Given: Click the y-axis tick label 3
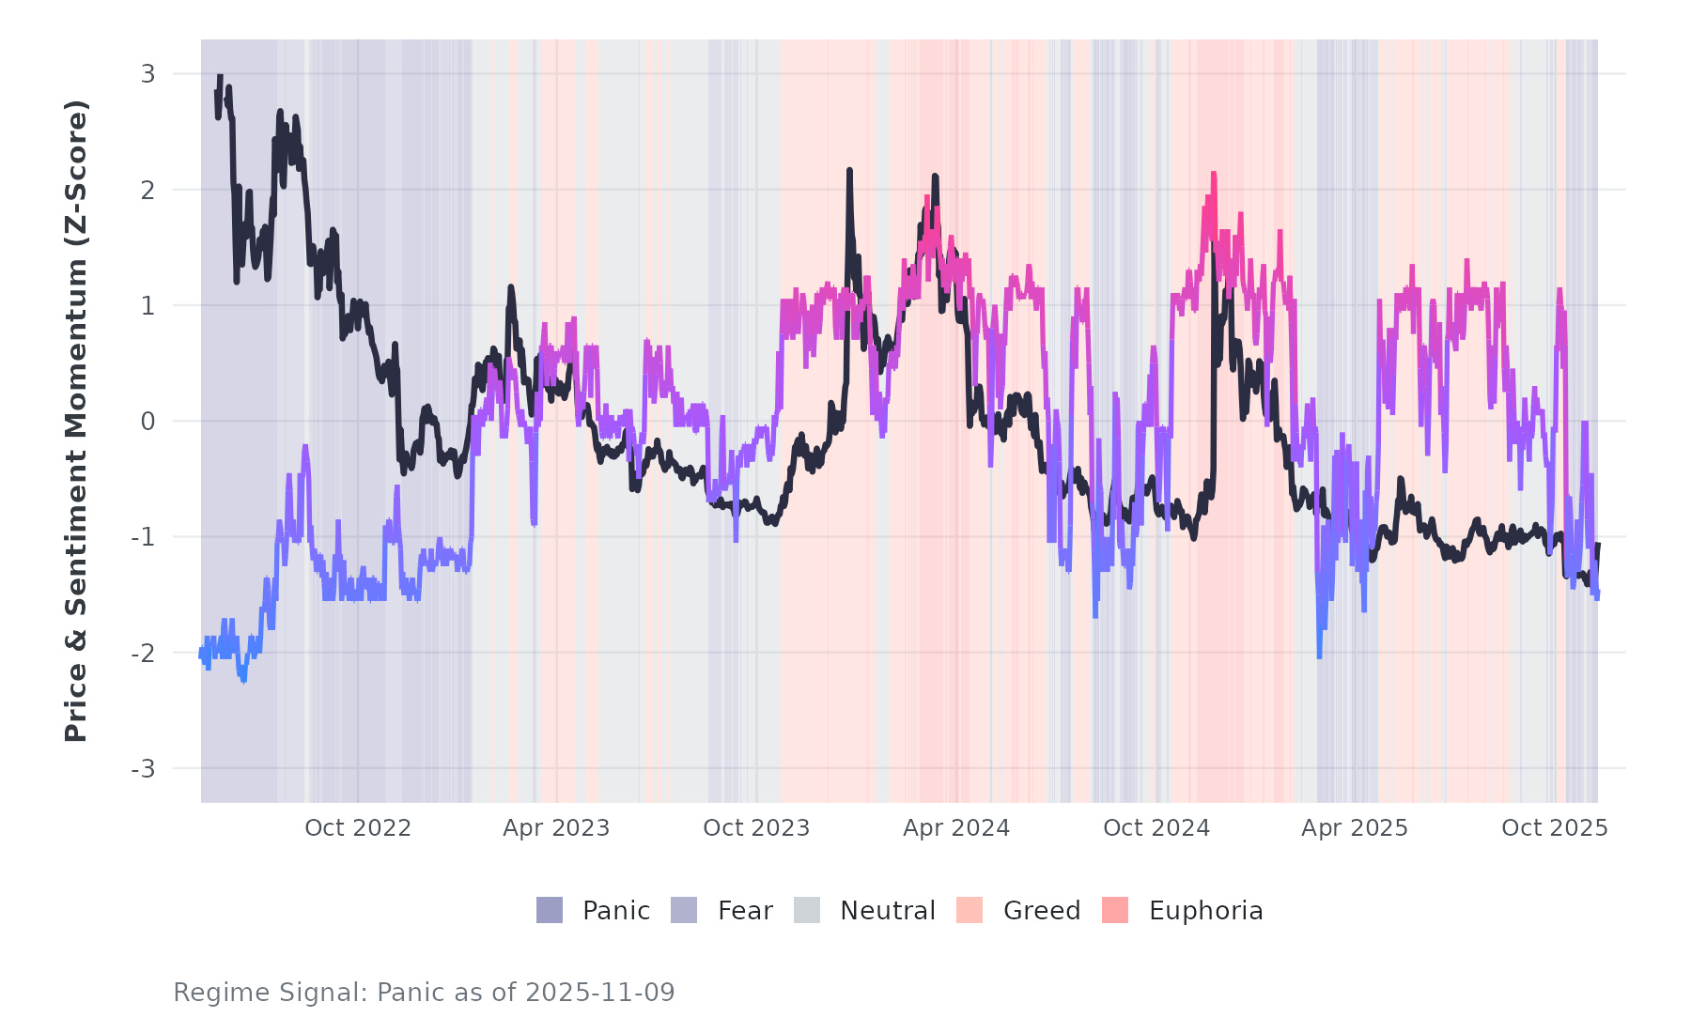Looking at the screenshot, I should click(x=147, y=73).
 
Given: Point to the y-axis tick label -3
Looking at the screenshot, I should click(x=143, y=769).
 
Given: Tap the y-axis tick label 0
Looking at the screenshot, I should click(x=147, y=422).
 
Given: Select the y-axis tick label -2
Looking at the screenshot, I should click(x=143, y=654).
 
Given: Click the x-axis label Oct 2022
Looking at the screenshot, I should click(x=358, y=828).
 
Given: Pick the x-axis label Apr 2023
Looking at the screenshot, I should click(x=556, y=828).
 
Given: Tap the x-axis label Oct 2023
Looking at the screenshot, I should click(x=756, y=828).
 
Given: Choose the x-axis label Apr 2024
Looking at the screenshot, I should click(x=956, y=828).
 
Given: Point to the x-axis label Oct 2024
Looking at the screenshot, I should click(x=1156, y=828).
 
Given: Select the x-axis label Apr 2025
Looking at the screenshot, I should click(x=1355, y=828).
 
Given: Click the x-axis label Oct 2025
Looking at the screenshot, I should click(x=1555, y=828).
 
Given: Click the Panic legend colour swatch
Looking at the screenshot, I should click(x=550, y=910).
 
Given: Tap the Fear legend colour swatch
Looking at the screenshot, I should click(x=684, y=910).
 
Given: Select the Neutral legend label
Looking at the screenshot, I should click(x=888, y=911).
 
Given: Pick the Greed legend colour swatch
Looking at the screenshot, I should click(x=970, y=910).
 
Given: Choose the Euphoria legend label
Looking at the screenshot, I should click(x=1206, y=911).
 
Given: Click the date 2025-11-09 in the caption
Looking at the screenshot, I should click(x=600, y=993).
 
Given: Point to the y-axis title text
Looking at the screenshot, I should click(x=76, y=421).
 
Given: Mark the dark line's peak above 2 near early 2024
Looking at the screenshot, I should click(x=849, y=171).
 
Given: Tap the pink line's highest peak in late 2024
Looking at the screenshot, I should click(x=1214, y=174).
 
